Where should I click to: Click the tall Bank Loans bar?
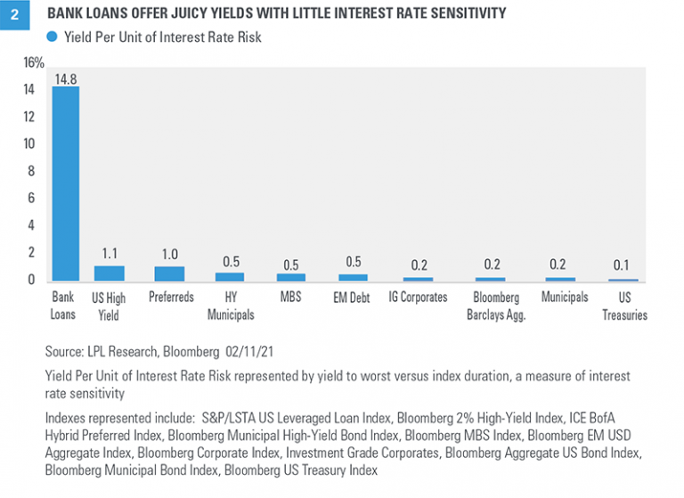coord(65,184)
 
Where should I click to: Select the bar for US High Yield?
coord(110,273)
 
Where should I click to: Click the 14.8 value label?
coord(65,78)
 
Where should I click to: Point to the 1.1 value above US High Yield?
coord(110,254)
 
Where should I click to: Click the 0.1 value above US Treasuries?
coord(623,265)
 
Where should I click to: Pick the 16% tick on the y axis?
coord(34,62)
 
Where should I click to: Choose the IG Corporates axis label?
coord(418,298)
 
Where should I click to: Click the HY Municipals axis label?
coord(229,306)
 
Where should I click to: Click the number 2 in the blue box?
coord(15,15)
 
